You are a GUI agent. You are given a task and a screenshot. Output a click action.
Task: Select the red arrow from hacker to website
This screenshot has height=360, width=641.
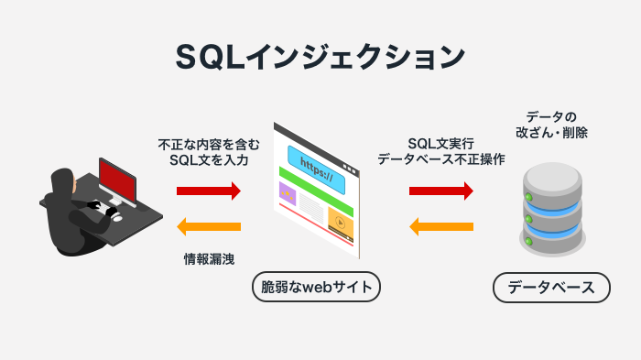pyautogui.click(x=209, y=191)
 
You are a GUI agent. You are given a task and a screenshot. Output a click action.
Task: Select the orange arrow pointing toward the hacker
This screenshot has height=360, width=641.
pyautogui.click(x=209, y=226)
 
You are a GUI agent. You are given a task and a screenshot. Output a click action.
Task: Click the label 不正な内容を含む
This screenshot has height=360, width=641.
pyautogui.click(x=209, y=145)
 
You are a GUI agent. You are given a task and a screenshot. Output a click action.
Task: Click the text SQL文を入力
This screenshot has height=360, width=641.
pyautogui.click(x=209, y=160)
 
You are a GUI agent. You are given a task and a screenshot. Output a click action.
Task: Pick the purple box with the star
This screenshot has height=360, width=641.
pyautogui.click(x=288, y=193)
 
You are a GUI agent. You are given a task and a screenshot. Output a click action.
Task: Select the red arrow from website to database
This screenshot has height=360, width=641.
pyautogui.click(x=441, y=191)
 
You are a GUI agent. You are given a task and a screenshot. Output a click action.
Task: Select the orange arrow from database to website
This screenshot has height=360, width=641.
pyautogui.click(x=441, y=226)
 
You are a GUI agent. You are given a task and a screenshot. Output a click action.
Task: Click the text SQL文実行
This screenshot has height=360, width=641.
pyautogui.click(x=441, y=145)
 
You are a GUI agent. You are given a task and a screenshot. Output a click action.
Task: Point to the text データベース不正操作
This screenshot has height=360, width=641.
pyautogui.click(x=441, y=160)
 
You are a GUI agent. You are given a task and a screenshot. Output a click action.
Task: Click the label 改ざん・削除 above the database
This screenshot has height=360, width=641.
pyautogui.click(x=551, y=133)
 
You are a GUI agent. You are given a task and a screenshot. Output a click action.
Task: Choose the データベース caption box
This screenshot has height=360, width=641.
pyautogui.click(x=551, y=288)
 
